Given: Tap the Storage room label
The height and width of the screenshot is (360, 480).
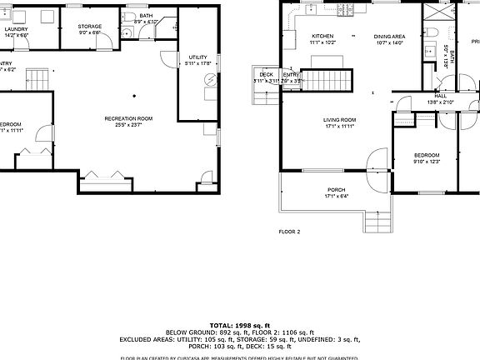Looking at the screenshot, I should coord(90,27).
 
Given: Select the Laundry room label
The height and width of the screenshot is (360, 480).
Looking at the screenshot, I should coord(16,29).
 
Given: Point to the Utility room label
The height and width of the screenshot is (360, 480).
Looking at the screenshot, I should coord(197,56).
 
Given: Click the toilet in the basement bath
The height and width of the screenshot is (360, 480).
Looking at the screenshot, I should coord(127,32).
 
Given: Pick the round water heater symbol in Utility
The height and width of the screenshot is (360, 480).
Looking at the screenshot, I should coord(210,81).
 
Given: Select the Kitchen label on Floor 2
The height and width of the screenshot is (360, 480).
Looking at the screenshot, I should coord(322,37).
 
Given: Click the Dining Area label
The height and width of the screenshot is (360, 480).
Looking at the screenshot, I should coord(389,37).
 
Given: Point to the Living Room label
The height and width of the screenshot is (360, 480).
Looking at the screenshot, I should coord(340,120).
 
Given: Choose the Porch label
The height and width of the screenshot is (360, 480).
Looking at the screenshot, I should coord(336,189).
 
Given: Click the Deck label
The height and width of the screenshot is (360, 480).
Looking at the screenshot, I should coord(266,75).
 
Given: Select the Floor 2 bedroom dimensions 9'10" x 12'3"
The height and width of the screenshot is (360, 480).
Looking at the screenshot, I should coord(427,162).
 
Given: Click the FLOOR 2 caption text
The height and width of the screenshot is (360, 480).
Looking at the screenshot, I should coord(289,232).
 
